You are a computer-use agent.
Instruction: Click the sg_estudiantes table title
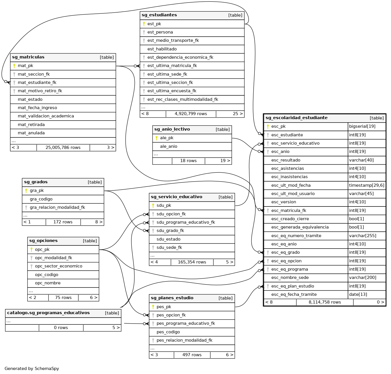tap(159, 15)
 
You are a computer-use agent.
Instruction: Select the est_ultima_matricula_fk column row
tap(172, 66)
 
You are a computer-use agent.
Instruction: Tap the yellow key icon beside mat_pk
tap(14, 66)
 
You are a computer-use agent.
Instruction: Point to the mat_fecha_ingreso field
tap(37, 108)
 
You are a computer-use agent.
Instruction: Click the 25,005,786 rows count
tap(63, 148)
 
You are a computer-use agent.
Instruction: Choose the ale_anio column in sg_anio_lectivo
tap(169, 147)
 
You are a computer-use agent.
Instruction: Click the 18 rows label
tap(188, 161)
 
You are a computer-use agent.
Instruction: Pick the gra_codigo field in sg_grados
tap(41, 199)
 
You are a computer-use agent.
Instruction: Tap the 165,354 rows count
tap(192, 262)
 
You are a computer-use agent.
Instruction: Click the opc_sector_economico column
tap(59, 266)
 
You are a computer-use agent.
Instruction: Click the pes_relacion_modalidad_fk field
tap(184, 340)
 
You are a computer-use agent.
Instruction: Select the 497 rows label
tap(192, 355)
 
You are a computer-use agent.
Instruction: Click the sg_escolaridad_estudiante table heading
tap(296, 118)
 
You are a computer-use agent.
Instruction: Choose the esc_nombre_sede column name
tap(290, 278)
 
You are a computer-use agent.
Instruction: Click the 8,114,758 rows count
tap(325, 302)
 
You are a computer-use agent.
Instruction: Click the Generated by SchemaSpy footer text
tap(32, 369)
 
